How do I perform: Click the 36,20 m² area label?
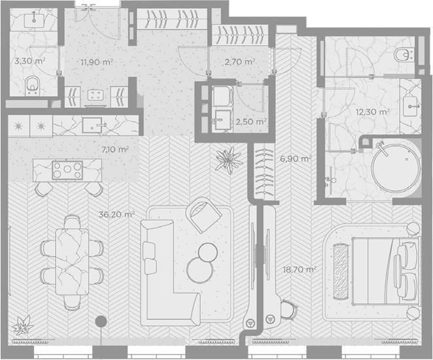117,214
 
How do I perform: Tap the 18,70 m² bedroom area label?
300,269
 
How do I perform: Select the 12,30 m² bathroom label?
373,112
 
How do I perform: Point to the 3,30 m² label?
30,61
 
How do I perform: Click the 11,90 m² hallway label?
97,62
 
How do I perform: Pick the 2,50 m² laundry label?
251,122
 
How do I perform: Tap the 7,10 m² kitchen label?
115,150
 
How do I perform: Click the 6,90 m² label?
296,159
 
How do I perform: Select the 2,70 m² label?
239,62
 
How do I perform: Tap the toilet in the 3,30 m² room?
33,86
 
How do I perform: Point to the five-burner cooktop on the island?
67,170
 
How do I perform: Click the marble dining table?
73,261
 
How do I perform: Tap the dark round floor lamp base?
101,321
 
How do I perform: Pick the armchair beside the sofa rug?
203,215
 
